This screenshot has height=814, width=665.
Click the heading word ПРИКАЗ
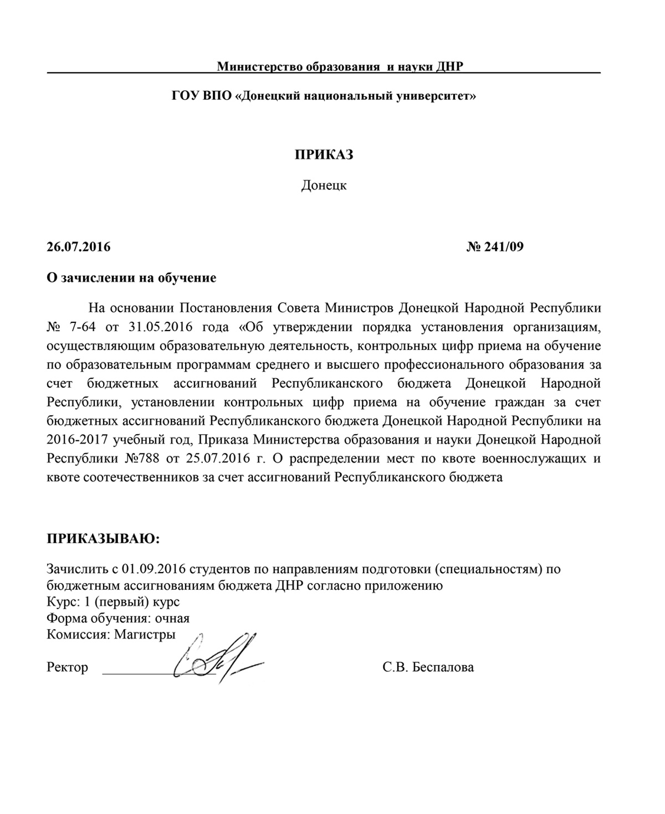324,154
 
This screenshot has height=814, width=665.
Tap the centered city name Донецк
324,186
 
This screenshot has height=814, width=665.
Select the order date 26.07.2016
79,246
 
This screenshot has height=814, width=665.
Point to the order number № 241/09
495,246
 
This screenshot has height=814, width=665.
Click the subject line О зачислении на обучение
131,277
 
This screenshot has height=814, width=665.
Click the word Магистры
145,635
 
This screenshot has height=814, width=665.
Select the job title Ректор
68,667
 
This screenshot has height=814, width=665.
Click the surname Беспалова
443,667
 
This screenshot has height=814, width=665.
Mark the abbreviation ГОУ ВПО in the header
201,96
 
